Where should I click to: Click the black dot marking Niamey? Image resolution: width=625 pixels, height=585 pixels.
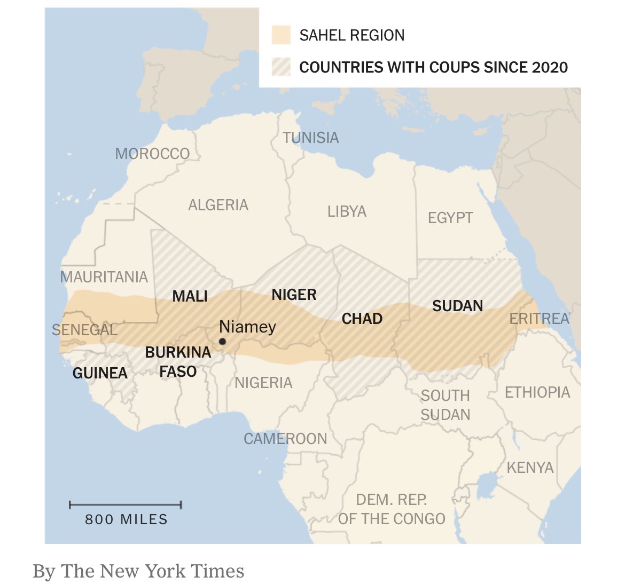coord(222,342)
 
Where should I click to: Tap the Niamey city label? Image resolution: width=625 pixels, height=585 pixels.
coord(247,327)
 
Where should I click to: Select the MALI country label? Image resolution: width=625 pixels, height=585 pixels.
coord(190,296)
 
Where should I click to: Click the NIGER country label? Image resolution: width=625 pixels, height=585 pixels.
coord(294,295)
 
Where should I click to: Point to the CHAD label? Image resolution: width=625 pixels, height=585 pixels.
coord(362,319)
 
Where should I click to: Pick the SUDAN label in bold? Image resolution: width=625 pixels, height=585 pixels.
coord(457,306)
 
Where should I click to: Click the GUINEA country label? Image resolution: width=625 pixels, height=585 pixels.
coord(100,373)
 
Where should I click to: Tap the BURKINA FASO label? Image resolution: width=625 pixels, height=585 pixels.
coord(178,362)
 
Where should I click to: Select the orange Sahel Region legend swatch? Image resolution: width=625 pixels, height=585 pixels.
coord(281,35)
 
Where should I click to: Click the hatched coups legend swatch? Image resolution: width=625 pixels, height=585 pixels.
coord(281,67)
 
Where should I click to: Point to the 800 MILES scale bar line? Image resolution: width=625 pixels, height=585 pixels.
coord(126,504)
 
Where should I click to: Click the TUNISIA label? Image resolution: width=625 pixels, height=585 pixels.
coord(311,138)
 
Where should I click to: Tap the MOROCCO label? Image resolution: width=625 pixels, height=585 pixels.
coord(152,154)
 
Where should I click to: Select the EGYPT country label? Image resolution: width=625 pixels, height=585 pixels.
coord(450,218)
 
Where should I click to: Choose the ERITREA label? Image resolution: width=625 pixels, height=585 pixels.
coord(539,319)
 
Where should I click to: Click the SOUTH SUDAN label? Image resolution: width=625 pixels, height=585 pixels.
coord(445,405)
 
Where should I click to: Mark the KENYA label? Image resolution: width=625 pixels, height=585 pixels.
coord(530,468)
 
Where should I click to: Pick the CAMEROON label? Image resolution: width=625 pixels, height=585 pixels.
coord(285,439)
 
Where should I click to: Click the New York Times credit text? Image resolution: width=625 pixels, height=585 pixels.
coord(138,571)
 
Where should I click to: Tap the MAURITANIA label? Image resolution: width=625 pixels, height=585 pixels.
coord(104,277)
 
